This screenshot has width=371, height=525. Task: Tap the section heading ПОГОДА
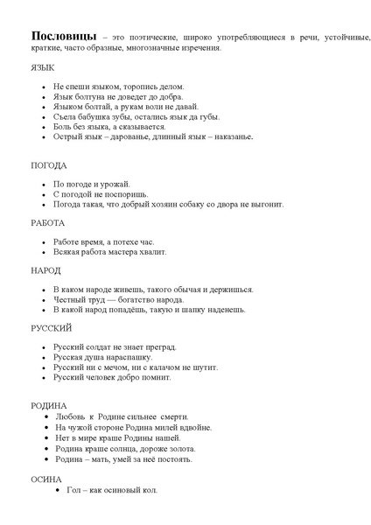point(49,164)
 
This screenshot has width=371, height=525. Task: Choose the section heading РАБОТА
point(48,222)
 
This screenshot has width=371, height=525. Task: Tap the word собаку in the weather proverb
point(210,203)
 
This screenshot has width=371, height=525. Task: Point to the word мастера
point(124,251)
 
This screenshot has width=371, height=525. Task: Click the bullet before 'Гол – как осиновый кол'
point(58,490)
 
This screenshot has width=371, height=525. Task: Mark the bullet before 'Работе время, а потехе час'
point(43,241)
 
